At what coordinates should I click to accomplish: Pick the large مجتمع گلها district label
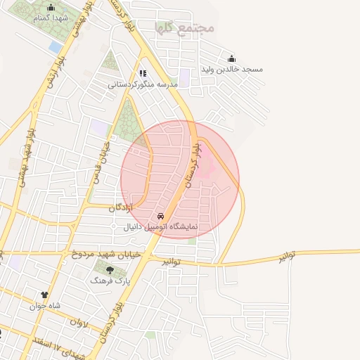pos(185,27)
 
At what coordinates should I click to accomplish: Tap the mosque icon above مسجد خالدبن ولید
pos(232,58)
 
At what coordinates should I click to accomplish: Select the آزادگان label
pos(120,208)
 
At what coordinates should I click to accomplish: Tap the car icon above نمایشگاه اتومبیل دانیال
pos(162,216)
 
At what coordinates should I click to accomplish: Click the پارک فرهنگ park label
pos(110,279)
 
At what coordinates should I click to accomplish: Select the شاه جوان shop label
pos(45,306)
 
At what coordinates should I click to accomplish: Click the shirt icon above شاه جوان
pos(45,295)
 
